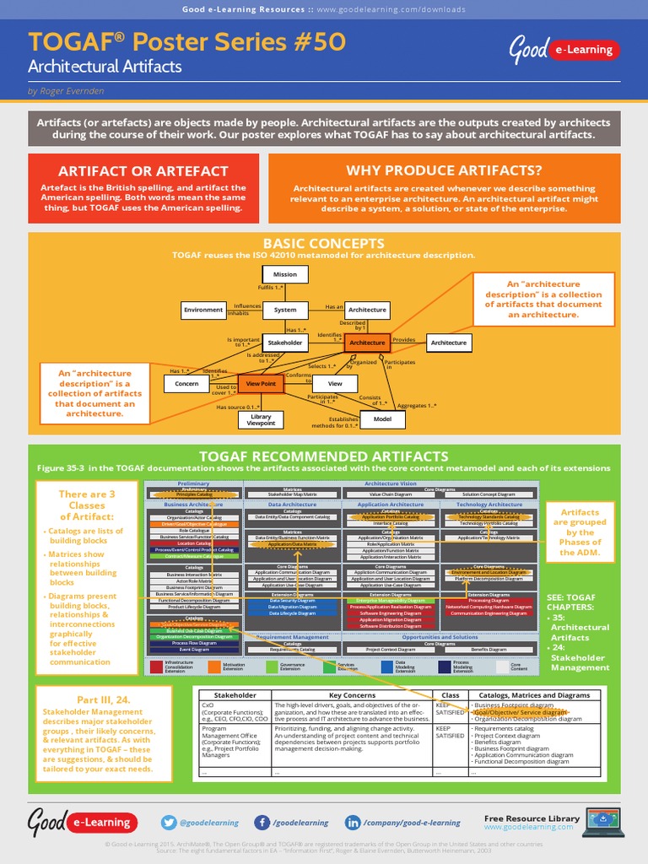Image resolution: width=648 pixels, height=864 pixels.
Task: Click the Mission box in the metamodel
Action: click(284, 274)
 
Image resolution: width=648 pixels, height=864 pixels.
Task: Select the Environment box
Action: click(203, 310)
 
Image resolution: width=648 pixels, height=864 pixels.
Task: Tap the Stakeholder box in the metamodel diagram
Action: click(284, 343)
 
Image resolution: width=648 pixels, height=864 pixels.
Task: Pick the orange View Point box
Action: click(261, 384)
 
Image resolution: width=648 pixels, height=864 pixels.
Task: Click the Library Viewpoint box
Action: click(261, 420)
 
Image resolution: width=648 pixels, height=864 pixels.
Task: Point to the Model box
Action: click(382, 418)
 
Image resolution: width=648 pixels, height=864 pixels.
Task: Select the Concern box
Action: click(186, 384)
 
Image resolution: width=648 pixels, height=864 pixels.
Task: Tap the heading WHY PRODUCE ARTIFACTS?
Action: click(444, 170)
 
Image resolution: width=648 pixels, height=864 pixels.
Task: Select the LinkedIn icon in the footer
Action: click(353, 823)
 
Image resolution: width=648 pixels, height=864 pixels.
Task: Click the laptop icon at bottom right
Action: click(603, 821)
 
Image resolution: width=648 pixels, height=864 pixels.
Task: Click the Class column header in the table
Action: click(451, 695)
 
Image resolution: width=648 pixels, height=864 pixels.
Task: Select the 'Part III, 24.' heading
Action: click(103, 700)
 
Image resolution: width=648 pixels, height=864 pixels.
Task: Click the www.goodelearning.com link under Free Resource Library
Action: click(528, 828)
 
